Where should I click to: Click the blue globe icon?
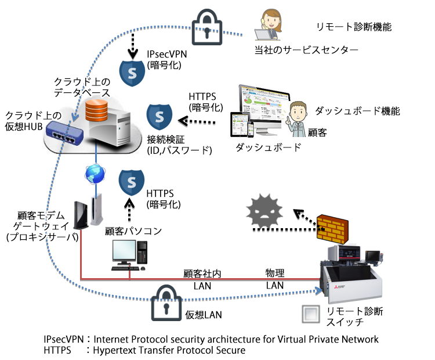[94, 173]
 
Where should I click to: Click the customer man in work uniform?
[299, 118]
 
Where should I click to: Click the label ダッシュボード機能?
[357, 110]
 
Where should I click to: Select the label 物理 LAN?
[275, 278]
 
